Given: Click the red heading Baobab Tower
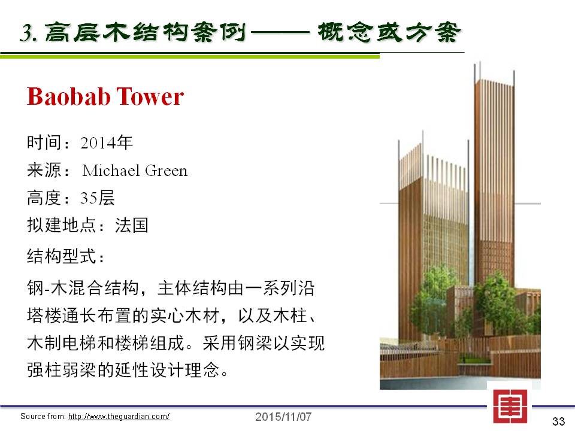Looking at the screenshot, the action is pyautogui.click(x=105, y=96).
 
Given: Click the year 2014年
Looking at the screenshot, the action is pyautogui.click(x=107, y=142).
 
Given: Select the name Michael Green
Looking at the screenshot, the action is pyautogui.click(x=135, y=171).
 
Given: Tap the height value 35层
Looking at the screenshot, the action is pyautogui.click(x=98, y=198).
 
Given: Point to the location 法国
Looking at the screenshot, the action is pyautogui.click(x=132, y=225).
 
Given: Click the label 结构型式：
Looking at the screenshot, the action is pyautogui.click(x=66, y=256).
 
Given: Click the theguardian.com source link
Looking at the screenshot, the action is pyautogui.click(x=119, y=417).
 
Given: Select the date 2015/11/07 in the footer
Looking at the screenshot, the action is pyautogui.click(x=283, y=417).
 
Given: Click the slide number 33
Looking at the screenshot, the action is pyautogui.click(x=559, y=421).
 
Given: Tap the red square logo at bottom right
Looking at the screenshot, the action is pyautogui.click(x=510, y=406).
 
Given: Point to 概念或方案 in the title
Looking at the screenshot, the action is pyautogui.click(x=389, y=32).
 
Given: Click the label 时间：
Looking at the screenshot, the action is pyautogui.click(x=49, y=142).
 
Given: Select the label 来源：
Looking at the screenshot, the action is pyautogui.click(x=49, y=171).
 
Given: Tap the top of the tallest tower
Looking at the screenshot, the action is pyautogui.click(x=494, y=81).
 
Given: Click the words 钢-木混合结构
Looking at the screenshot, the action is pyautogui.click(x=83, y=288).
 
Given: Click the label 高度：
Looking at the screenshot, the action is pyautogui.click(x=49, y=198).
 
